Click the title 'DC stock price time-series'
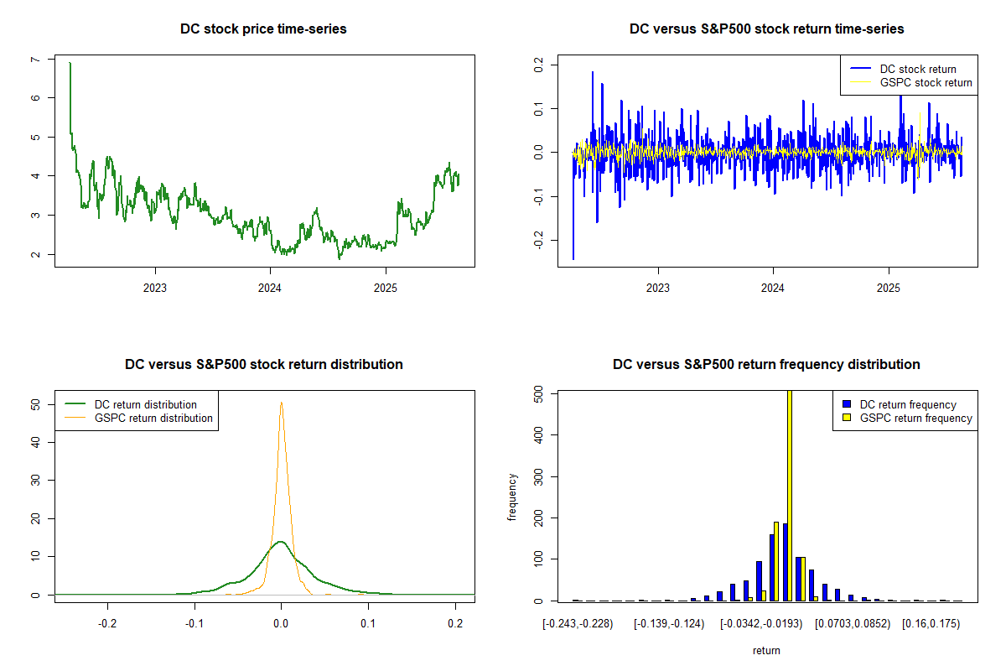(x=263, y=29)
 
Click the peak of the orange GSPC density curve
(x=281, y=403)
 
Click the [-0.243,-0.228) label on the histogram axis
(x=578, y=625)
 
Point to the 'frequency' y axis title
(x=513, y=497)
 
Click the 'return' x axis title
(x=766, y=650)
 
